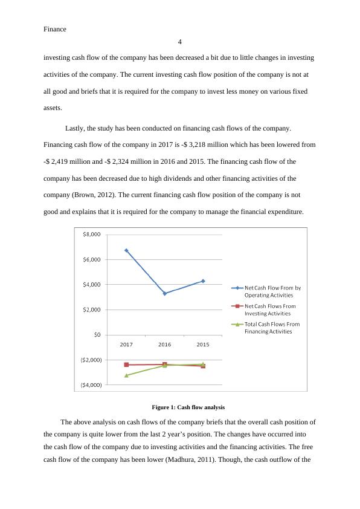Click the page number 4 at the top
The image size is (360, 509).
coord(180,42)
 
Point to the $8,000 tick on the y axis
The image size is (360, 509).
coord(92,235)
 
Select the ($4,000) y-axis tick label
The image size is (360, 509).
coord(90,385)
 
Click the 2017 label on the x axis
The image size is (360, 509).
coord(126,345)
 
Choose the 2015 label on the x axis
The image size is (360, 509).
coord(203,345)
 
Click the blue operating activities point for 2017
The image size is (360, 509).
coord(126,250)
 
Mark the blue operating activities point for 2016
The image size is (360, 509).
coord(165,293)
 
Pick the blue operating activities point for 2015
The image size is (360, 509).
coord(203,281)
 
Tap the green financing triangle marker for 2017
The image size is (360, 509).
coord(126,375)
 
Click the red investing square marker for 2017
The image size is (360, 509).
coord(126,365)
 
